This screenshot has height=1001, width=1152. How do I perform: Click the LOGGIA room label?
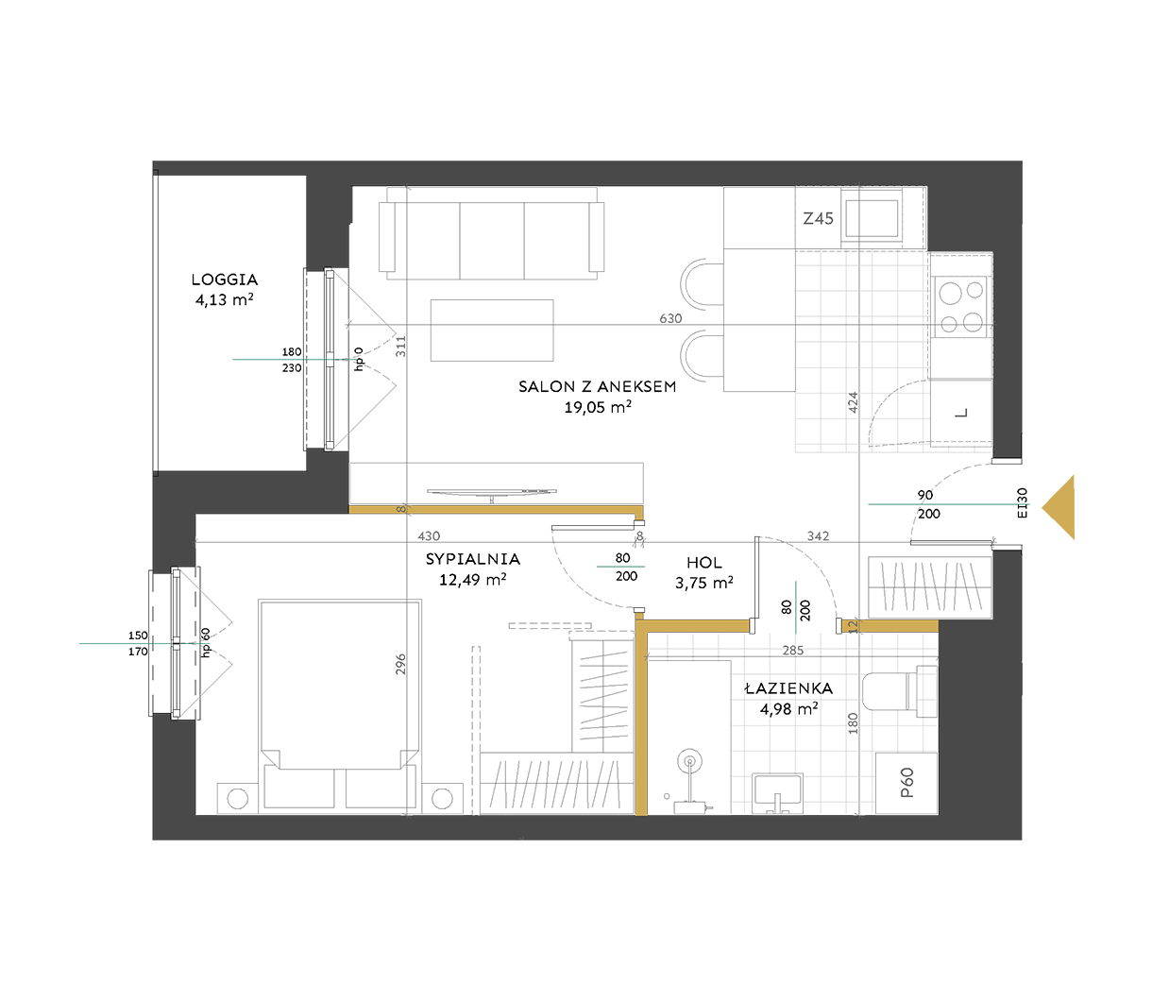[x=224, y=280]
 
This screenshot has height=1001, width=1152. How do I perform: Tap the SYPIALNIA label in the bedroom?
[x=472, y=559]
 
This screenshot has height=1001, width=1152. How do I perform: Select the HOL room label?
[x=703, y=563]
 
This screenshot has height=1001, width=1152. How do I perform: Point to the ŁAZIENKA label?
[x=788, y=687]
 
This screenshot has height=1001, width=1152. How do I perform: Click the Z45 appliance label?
[x=818, y=218]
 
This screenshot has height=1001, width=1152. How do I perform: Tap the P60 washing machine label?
[x=906, y=783]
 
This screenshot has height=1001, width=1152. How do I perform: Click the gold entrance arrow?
[x=1058, y=508]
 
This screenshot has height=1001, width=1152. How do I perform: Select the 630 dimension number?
[x=670, y=318]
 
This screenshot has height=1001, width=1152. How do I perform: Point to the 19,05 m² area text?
[x=598, y=407]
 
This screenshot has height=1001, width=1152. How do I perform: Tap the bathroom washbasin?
[x=777, y=793]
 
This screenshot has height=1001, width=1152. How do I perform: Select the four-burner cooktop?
[x=960, y=307]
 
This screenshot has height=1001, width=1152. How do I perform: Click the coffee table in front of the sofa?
[x=492, y=331]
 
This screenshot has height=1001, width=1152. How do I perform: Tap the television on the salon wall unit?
[x=492, y=493]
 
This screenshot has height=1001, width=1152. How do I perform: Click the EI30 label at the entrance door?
[x=1023, y=502]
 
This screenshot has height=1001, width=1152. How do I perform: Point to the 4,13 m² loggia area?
[x=224, y=299]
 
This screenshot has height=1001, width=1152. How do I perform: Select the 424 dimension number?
[x=853, y=402]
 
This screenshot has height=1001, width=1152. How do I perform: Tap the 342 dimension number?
[x=818, y=536]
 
